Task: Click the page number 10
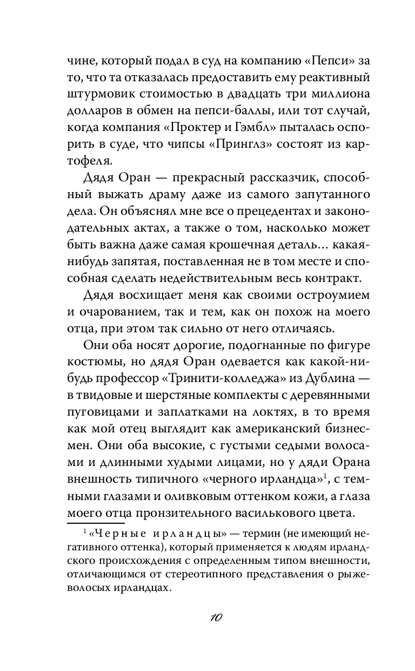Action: pos(209,619)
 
